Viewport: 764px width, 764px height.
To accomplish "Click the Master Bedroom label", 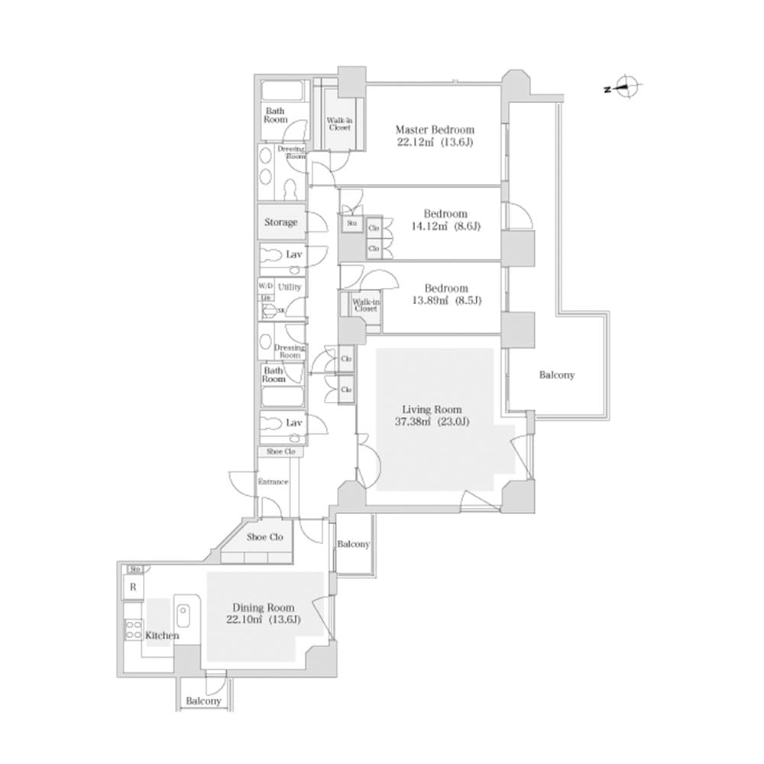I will [x=434, y=129].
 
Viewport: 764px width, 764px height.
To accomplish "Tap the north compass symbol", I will [x=627, y=89].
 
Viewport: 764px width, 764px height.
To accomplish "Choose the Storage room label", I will [x=281, y=222].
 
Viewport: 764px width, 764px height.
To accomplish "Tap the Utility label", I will [x=290, y=286].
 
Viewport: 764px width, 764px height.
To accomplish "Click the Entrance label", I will [x=273, y=482].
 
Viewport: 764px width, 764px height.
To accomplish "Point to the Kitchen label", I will [x=162, y=636].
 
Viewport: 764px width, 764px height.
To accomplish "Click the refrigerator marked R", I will [x=132, y=588].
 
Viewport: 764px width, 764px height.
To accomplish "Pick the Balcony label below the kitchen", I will [x=203, y=701].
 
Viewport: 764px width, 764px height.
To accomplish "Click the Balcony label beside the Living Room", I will [x=556, y=375].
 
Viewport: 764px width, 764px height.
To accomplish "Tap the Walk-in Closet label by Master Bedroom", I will [x=339, y=123].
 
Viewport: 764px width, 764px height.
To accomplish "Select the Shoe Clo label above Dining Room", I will [x=265, y=537].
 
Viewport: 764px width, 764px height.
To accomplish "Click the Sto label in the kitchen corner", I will [x=135, y=569].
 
